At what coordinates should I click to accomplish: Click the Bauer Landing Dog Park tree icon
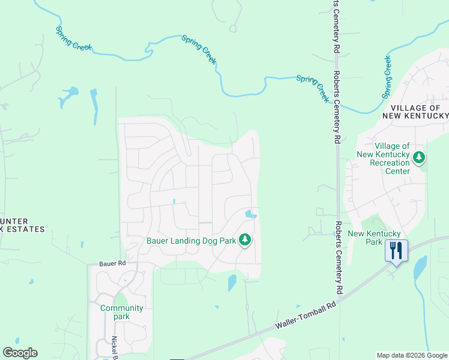coord(244,241)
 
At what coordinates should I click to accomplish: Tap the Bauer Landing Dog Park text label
coord(191,241)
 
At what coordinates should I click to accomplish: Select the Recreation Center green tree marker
coord(418,158)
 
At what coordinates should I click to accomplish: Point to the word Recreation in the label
coord(390,163)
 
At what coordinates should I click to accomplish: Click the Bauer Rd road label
coord(113,263)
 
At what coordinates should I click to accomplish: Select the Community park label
coord(122,312)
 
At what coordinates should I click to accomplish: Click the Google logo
coord(20,353)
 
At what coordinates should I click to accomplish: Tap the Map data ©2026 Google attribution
coord(412,355)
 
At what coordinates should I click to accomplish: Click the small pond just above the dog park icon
coord(250,214)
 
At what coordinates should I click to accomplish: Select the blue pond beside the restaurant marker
coord(419,266)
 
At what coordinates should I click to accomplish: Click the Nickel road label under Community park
coord(114,347)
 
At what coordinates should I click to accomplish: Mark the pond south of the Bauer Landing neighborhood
coord(232,282)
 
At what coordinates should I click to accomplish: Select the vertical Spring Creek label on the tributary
coord(387,76)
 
